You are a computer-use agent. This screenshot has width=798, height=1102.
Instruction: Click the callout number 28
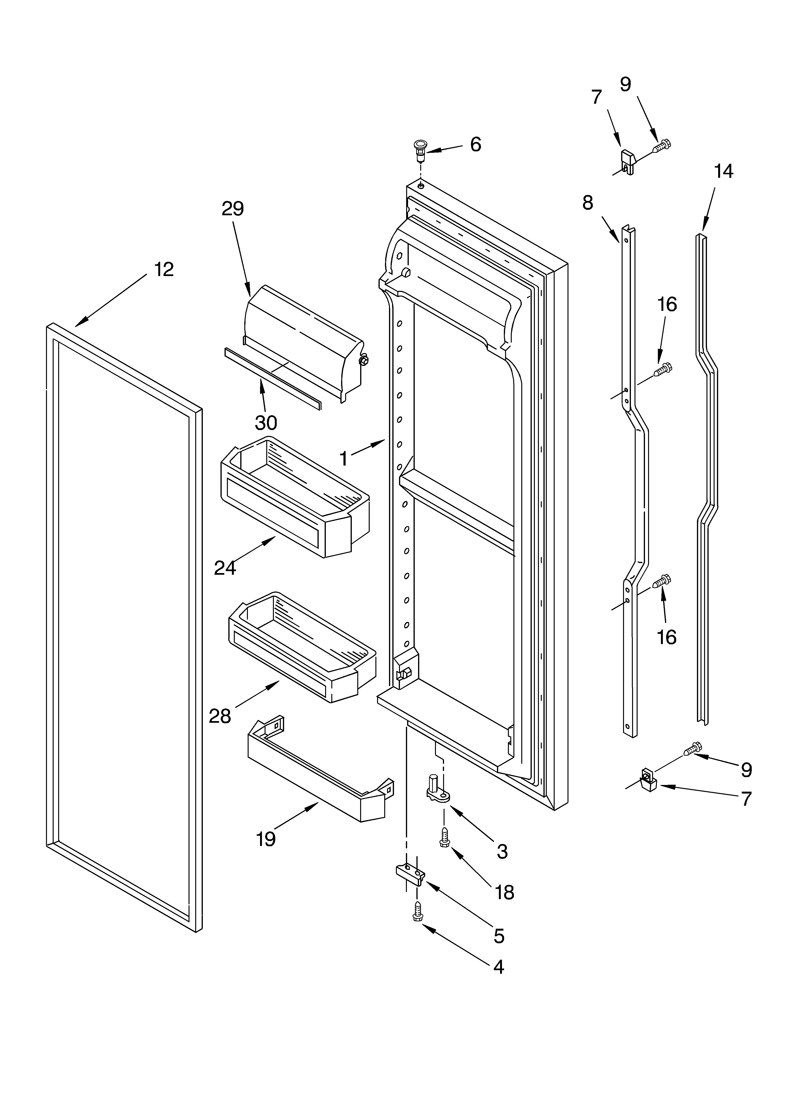220,716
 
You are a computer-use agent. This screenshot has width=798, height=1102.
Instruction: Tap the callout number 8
588,203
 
